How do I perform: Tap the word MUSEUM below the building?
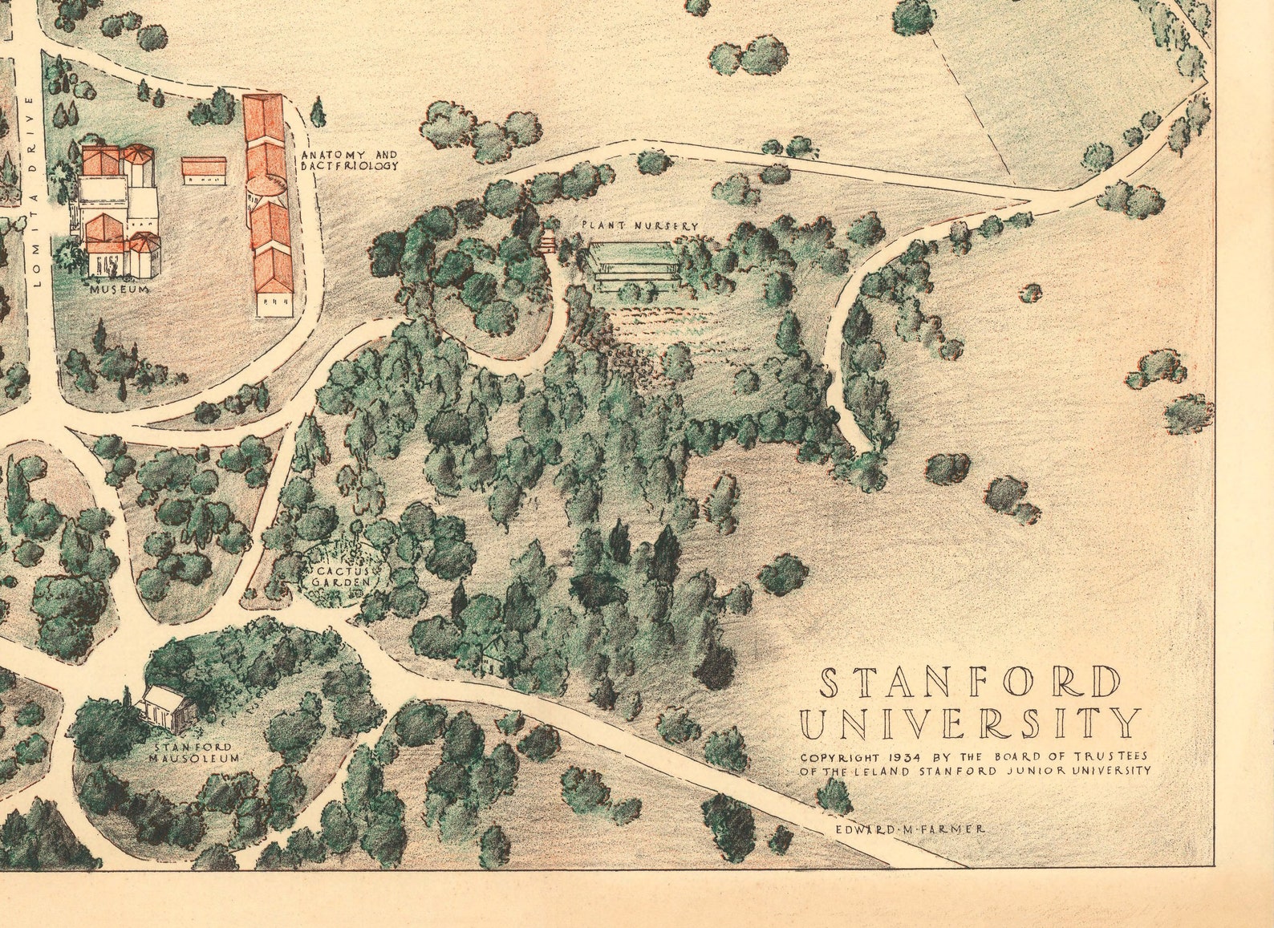coord(119,289)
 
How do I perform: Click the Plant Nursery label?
coord(640,227)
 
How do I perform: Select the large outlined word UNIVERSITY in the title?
coord(970,723)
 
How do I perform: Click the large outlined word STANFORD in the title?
coord(970,683)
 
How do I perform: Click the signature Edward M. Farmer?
coord(910,829)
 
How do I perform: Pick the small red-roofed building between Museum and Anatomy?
coord(204,169)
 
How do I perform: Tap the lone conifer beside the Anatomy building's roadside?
coord(318,111)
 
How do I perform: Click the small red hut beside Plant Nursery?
coord(549,241)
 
